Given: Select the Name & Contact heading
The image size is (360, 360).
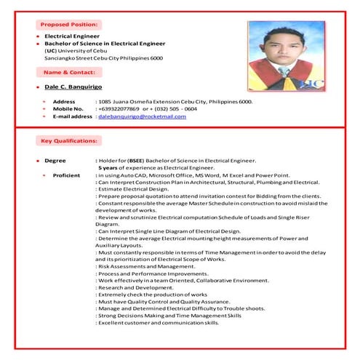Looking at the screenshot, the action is tap(70, 73).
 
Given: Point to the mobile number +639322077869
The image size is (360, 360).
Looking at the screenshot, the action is tap(118, 109).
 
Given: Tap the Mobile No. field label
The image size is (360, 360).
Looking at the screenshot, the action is tap(68, 109).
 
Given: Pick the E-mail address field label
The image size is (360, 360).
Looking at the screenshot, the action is tap(72, 116).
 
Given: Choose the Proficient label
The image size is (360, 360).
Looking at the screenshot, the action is tap(66, 175).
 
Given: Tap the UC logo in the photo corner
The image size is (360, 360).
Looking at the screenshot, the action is tap(311, 84).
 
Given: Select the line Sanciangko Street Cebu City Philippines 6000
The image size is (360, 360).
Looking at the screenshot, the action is tap(103, 57).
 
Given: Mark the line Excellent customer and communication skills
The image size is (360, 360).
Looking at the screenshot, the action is tap(158, 322).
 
